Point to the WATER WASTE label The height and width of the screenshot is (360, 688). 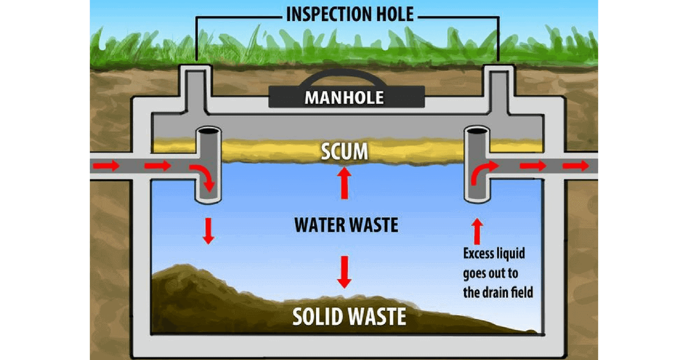(346, 225)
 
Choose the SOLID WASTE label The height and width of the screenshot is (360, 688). (349, 316)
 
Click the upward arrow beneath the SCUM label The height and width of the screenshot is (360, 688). (345, 183)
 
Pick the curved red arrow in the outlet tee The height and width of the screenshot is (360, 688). (481, 172)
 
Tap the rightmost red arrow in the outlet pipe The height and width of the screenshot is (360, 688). (575, 166)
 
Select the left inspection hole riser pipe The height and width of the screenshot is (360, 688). (196, 86)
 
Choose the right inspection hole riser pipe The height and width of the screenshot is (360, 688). (497, 86)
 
